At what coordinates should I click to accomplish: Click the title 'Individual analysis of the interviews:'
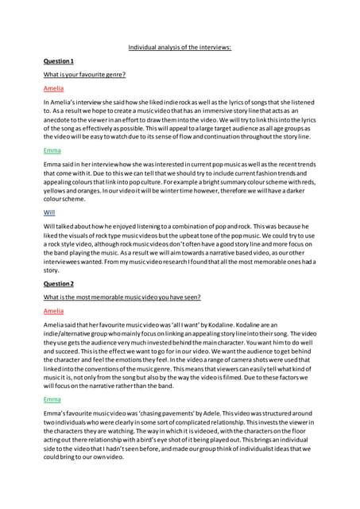coord(180,48)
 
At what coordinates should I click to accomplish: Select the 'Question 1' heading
coord(59,61)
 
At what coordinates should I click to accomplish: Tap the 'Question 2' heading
coord(59,284)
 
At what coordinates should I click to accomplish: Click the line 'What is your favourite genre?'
coord(85,75)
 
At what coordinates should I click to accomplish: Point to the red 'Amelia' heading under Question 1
coord(53,88)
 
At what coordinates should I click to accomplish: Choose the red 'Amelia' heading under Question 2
coord(53,311)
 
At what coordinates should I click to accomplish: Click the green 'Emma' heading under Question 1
coord(52,149)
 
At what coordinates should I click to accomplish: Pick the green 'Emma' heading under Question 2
coord(52,398)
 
